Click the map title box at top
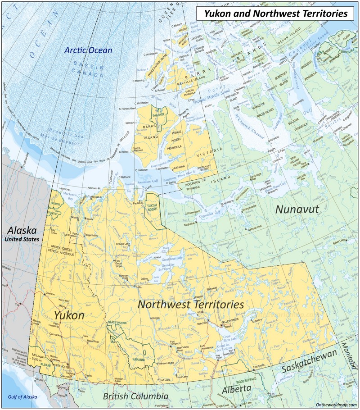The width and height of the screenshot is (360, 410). click(276, 14)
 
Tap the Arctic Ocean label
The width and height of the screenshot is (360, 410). click(88, 50)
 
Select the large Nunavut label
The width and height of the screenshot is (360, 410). click(297, 209)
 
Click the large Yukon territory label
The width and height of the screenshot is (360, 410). click(69, 315)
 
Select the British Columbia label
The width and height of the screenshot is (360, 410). click(135, 396)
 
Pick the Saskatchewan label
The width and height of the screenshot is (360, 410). click(309, 361)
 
